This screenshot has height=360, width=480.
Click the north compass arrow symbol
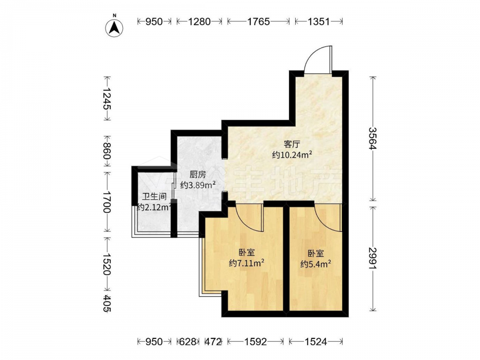coord(114,28)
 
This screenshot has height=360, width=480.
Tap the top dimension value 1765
coord(258,22)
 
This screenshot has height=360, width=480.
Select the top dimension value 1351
coord(318,22)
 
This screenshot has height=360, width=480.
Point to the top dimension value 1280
coord(199,22)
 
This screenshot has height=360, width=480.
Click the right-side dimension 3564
coord(372,138)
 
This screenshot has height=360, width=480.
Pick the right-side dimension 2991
coord(372,258)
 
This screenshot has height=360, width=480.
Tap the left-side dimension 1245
coord(107,98)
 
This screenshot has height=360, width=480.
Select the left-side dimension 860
coord(107,151)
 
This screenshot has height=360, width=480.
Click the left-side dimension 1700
coord(107,202)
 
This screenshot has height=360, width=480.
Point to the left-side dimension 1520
coord(107,264)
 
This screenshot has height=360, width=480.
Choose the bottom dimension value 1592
coord(256,341)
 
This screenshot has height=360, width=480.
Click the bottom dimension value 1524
coord(316,341)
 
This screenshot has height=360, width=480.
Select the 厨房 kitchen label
coord(197,175)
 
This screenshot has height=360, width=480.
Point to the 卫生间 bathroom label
coord(154,196)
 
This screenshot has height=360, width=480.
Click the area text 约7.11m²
coord(247,263)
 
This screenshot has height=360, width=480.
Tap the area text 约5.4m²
coord(316,264)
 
